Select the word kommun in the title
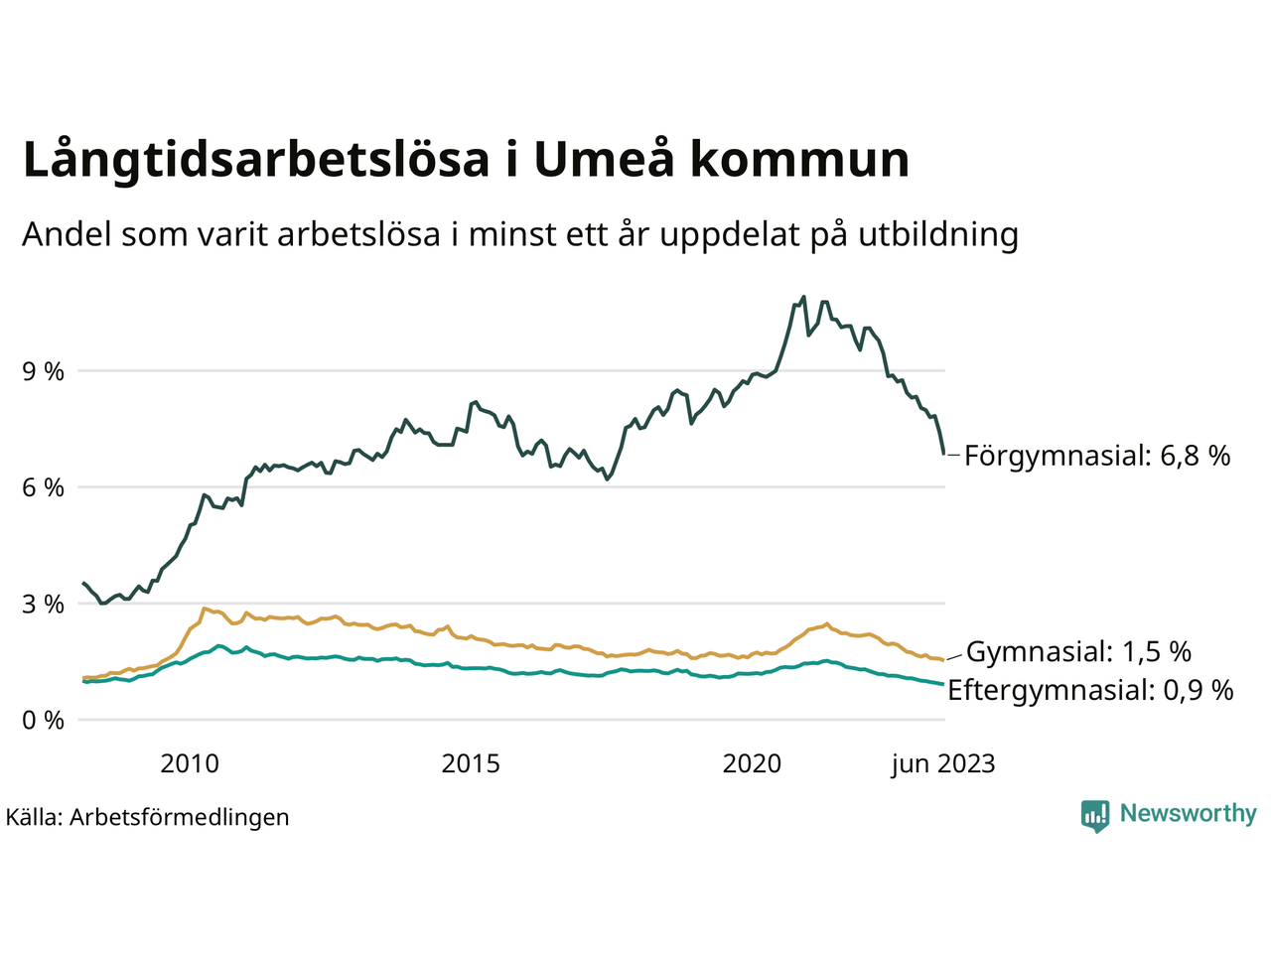coord(799,161)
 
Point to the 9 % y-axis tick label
coord(43,371)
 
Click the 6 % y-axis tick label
coord(43,487)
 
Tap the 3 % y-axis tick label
coord(43,604)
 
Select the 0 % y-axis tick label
coord(43,720)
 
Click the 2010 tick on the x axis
coord(190,763)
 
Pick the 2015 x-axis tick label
coord(471,763)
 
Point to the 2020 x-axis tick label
coord(752,763)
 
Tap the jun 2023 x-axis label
coord(942,763)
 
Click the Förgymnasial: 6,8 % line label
coord(1097,456)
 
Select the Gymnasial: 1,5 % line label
coord(1078,652)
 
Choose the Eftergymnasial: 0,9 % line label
coord(1090,690)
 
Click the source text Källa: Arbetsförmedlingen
coord(147,817)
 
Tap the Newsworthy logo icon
coord(1095,815)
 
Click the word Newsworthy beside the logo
coord(1188,813)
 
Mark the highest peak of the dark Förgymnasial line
coord(803,297)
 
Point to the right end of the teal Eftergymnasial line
coord(942,684)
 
